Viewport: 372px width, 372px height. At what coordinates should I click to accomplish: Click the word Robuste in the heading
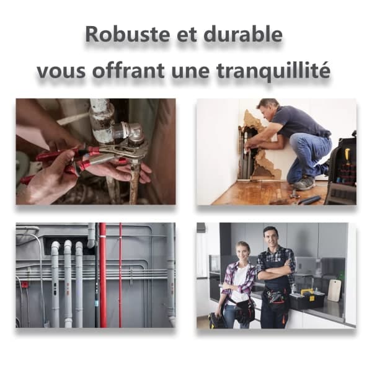click(x=128, y=34)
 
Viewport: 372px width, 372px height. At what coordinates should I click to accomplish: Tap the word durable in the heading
click(x=243, y=34)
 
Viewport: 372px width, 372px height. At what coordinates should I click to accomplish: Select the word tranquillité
click(x=273, y=69)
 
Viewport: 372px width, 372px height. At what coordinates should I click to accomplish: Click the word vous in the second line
click(x=61, y=71)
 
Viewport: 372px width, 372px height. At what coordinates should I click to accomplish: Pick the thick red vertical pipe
click(x=102, y=275)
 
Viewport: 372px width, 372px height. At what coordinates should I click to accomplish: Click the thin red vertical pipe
click(x=120, y=275)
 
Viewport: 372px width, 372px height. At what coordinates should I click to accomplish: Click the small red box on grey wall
click(x=24, y=284)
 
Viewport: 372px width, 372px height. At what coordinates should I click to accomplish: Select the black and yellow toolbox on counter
click(x=307, y=298)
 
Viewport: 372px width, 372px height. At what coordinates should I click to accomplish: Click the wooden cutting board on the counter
click(x=334, y=290)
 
